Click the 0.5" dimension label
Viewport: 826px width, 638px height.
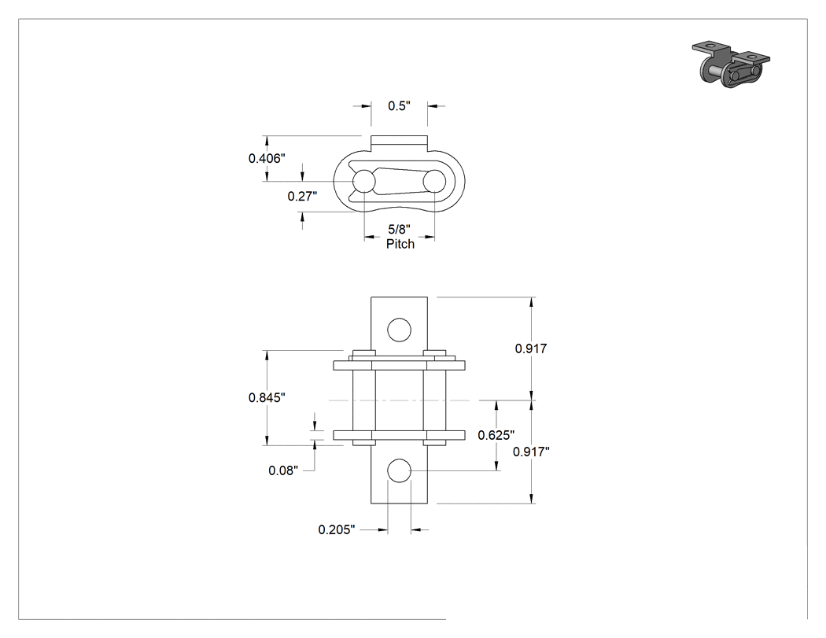click(399, 106)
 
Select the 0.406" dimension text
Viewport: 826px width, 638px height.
click(267, 158)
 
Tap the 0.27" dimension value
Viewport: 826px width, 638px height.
click(302, 197)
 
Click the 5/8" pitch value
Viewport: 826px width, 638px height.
click(399, 229)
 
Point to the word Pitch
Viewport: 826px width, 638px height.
click(400, 244)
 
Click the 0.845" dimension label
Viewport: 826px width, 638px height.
click(267, 397)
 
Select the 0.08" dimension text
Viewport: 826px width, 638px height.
click(283, 470)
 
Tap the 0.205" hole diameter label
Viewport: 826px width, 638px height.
click(337, 529)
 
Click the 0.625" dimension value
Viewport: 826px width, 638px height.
click(496, 435)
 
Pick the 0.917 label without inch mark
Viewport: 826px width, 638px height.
click(531, 349)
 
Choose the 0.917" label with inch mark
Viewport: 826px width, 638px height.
click(531, 452)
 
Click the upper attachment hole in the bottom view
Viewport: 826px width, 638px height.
click(399, 330)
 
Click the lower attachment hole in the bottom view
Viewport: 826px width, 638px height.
click(399, 470)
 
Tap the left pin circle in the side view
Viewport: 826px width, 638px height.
click(364, 182)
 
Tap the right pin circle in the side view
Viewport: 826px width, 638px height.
click(434, 182)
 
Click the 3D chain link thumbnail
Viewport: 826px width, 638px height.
click(731, 64)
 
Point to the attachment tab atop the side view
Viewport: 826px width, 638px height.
click(399, 142)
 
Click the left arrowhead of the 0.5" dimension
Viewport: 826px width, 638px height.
click(367, 106)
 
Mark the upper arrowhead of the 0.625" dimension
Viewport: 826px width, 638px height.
click(496, 405)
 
